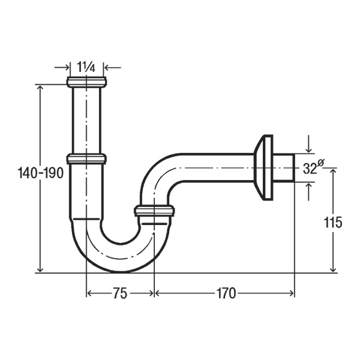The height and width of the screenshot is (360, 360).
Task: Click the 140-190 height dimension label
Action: (40, 173)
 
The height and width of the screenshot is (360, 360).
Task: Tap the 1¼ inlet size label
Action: (86, 67)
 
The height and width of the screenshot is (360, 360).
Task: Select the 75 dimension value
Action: (121, 293)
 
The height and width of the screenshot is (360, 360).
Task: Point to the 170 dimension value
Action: (226, 293)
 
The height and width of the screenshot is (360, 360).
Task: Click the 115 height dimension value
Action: (332, 222)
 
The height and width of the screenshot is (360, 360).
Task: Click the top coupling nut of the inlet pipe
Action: (86, 82)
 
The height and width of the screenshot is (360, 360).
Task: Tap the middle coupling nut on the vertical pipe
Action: (86, 158)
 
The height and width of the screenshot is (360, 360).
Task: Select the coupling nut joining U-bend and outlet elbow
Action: (154, 211)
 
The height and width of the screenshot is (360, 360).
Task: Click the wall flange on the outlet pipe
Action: (264, 167)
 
